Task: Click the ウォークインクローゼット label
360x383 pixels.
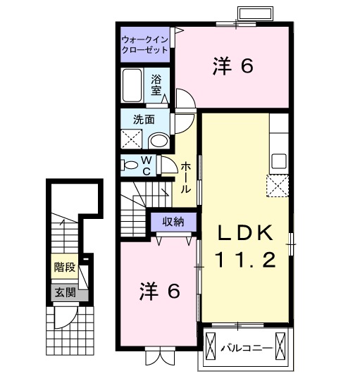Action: (144, 44)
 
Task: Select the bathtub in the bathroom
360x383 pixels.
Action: (132, 86)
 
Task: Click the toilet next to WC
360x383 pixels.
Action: (130, 165)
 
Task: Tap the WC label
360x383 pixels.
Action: (147, 165)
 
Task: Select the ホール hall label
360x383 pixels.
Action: (185, 177)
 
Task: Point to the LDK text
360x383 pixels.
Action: (244, 234)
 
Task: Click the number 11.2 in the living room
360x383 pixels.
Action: (244, 262)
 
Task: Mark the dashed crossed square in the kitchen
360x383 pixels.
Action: (278, 186)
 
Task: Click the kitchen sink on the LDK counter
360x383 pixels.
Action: (278, 161)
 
